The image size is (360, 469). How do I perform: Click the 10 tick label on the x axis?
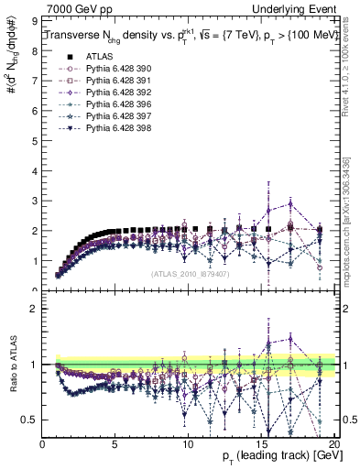coord(188,444)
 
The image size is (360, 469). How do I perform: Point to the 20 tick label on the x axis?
coord(333,444)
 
